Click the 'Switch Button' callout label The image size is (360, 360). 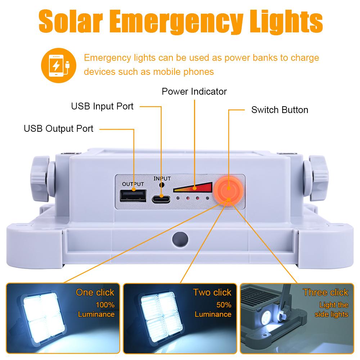280,110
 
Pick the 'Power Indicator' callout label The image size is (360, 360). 194,91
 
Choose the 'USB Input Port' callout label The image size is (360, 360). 102,106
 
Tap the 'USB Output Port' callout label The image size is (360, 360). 58,128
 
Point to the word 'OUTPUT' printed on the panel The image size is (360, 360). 133,184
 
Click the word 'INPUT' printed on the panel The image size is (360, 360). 162,179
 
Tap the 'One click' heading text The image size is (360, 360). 95,292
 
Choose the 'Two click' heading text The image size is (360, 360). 212,292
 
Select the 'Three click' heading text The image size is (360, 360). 325,292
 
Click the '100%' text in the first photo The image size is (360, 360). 105,305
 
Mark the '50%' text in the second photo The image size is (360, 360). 224,305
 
